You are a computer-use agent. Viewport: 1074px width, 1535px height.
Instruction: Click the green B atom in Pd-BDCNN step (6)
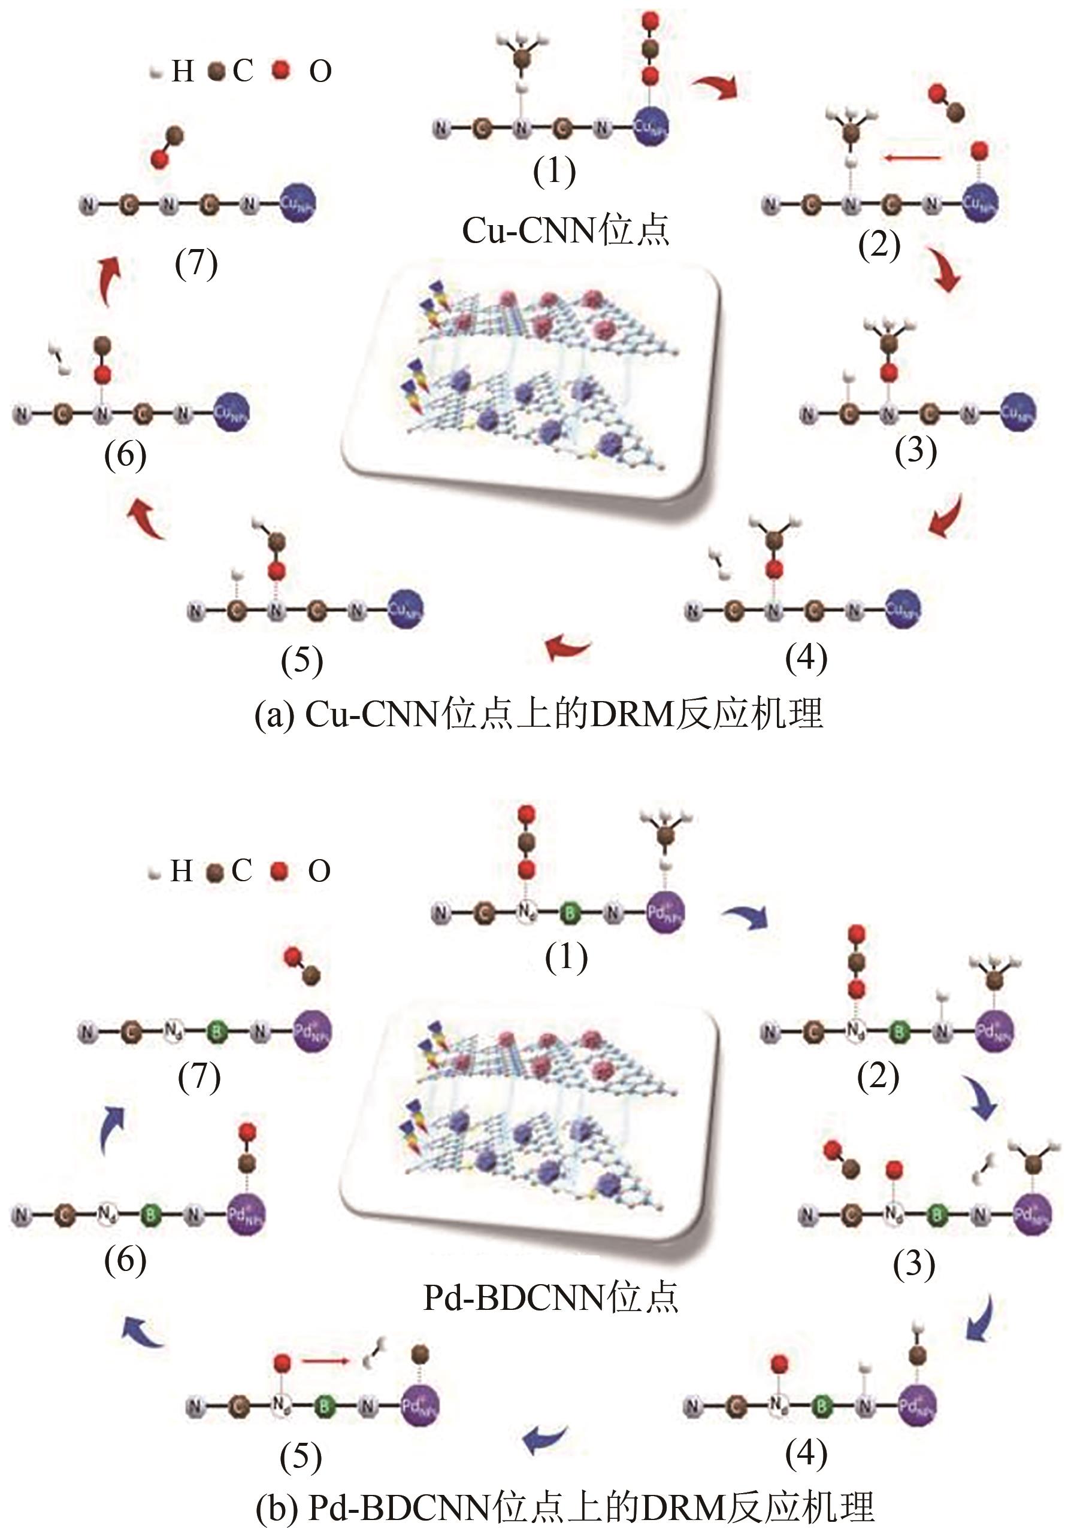click(x=150, y=1214)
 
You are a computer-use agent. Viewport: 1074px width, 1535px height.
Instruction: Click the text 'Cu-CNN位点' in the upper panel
click(x=565, y=230)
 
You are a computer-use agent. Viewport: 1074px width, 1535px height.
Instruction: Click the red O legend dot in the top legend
click(x=282, y=69)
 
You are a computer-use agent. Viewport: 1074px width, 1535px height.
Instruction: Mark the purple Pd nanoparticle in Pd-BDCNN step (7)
click(x=312, y=1032)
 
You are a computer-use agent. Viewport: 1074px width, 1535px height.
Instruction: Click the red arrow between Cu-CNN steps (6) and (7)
click(x=110, y=281)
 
